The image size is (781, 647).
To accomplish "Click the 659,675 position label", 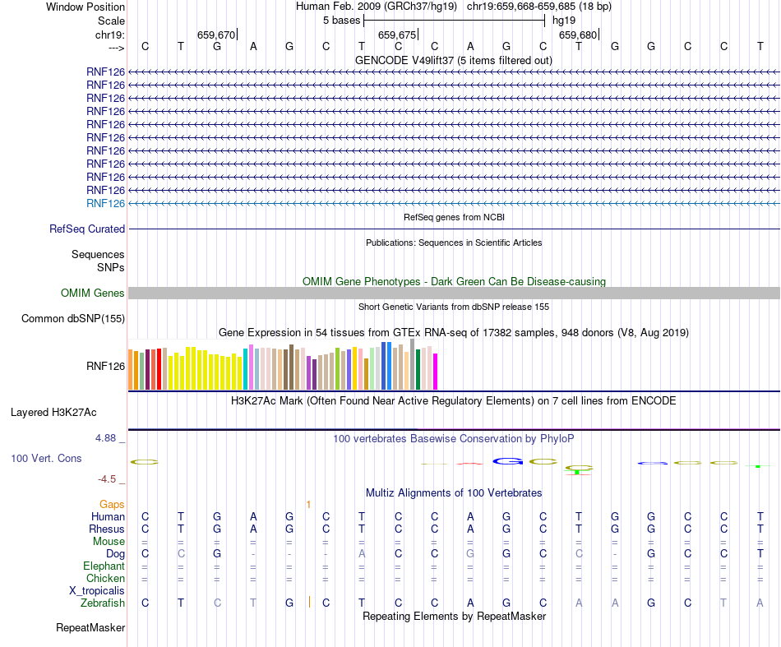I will pos(396,35).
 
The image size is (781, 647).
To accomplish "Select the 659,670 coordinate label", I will pos(216,35).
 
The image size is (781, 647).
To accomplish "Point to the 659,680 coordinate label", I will pos(577,35).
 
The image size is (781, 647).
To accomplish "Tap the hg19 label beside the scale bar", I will pos(563,20).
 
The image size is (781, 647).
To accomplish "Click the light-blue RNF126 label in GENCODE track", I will pos(105,203).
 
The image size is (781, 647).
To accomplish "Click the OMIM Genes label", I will pos(93,293).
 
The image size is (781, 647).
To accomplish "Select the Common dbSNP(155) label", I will pos(73,319).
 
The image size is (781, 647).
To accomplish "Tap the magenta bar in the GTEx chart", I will pos(436,371).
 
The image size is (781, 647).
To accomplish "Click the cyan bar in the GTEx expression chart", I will pos(246,369).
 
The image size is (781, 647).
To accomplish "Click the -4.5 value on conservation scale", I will pos(107,479).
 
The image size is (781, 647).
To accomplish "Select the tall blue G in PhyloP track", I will pos(507,461).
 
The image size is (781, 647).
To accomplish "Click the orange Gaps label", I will pos(112,504).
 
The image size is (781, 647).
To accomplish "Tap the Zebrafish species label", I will pos(103,603).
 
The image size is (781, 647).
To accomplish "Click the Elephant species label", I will pos(104,566).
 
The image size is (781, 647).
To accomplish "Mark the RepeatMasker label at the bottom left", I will pos(90,629).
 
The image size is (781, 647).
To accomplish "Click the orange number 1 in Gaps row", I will pos(308,504).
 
